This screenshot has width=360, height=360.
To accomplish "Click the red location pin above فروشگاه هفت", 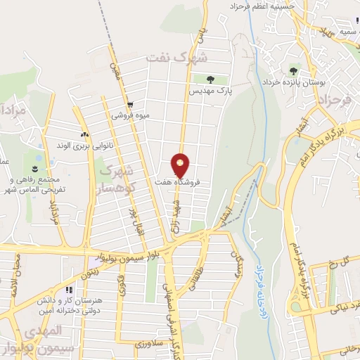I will pos(181,164).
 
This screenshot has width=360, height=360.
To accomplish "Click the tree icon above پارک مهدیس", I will pos(212,79).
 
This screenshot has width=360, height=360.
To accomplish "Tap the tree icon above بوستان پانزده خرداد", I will pos(292,70).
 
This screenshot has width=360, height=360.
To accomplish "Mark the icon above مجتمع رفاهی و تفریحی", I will pos(33,167).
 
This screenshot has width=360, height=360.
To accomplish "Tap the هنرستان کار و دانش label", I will pos(67,302).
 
